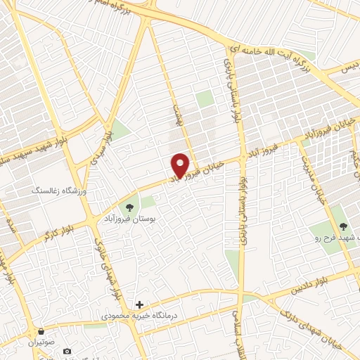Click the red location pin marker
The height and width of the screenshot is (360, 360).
click(x=181, y=165)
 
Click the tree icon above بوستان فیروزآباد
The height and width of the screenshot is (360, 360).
click(x=129, y=207)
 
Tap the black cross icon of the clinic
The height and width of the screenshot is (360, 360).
click(x=139, y=304)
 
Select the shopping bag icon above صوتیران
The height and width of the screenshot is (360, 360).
click(x=41, y=331)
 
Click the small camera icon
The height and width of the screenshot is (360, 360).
click(x=67, y=351)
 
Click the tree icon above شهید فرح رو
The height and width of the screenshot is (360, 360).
click(x=342, y=226)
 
